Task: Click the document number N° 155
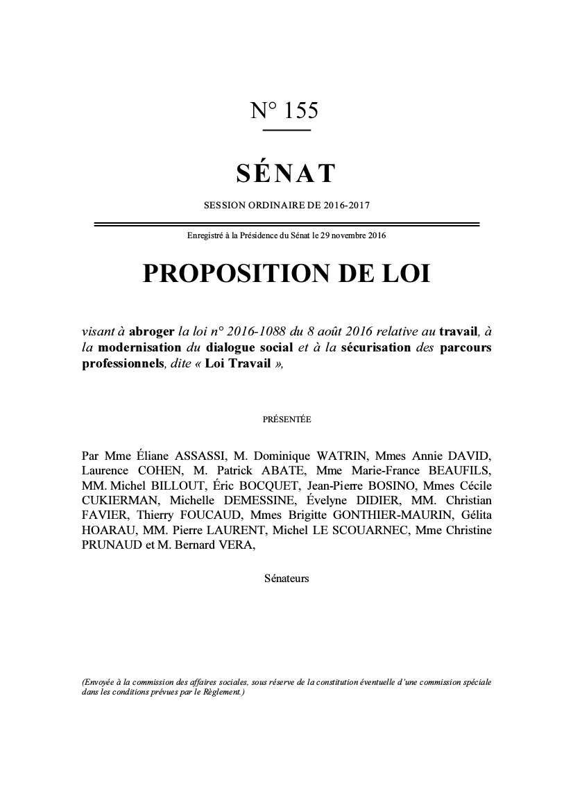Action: pos(284,110)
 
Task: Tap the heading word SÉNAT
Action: pos(286,174)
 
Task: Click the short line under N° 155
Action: pos(286,130)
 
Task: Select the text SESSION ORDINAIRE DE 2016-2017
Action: pos(286,206)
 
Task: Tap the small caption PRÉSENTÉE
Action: pos(286,420)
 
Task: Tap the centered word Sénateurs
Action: pos(286,578)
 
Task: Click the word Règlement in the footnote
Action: pos(221,693)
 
